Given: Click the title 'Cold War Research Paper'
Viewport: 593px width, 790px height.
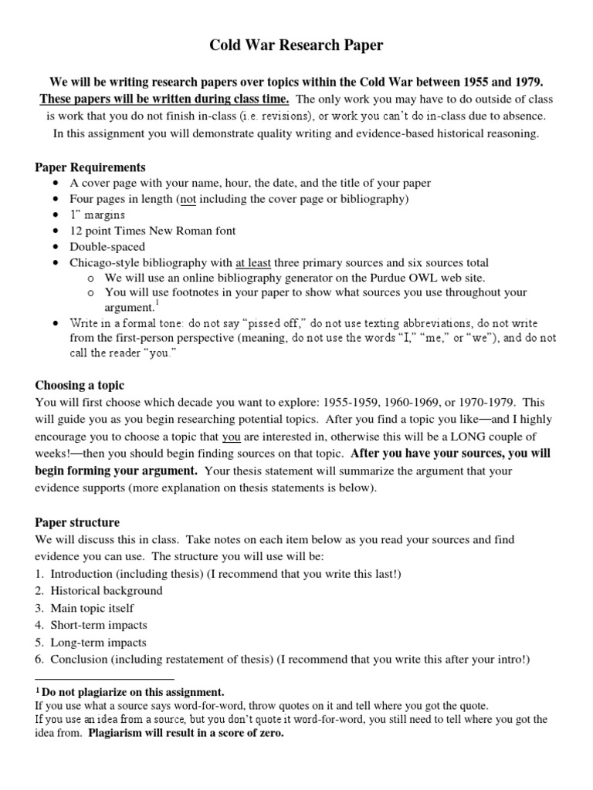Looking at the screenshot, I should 296,46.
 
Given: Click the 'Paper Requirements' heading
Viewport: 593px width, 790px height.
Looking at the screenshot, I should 90,167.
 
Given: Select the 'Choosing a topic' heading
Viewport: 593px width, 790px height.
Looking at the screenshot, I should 80,385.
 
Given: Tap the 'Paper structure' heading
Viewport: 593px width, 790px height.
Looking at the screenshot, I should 77,522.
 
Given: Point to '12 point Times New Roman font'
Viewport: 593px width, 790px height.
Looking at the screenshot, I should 153,231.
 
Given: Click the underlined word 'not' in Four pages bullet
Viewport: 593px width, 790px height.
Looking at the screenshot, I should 188,199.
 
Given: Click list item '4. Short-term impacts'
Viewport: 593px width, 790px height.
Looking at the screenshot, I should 91,625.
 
